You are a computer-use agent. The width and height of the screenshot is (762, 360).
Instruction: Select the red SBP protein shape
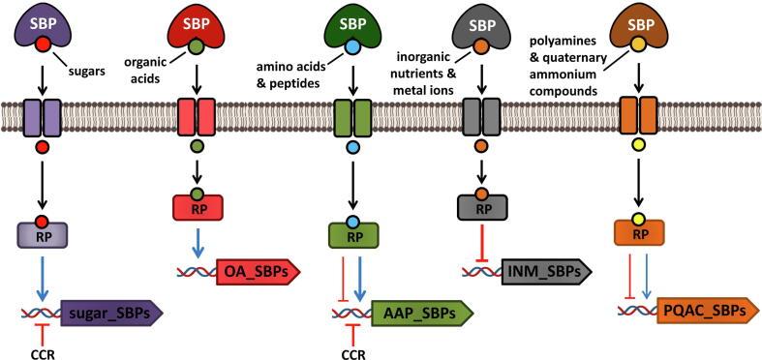(196, 24)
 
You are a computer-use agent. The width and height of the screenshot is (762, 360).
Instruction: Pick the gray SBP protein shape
(480, 24)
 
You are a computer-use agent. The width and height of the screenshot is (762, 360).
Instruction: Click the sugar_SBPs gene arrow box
(111, 313)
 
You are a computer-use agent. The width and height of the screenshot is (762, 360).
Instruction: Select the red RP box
(197, 207)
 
